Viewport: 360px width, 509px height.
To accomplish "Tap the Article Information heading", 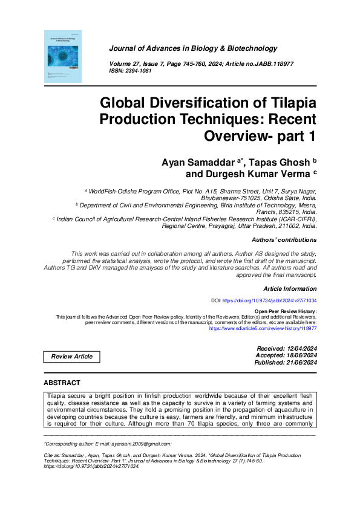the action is pos(290,289).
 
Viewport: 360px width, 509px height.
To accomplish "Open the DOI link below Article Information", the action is pos(270,300).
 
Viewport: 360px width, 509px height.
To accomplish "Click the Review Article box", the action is pos(72,357).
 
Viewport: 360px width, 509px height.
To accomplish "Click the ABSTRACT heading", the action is pos(62,383).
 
